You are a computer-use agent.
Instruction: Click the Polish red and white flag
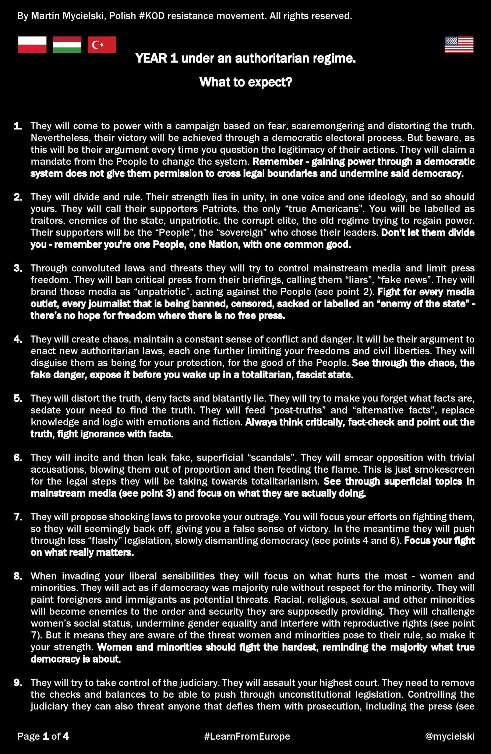point(32,45)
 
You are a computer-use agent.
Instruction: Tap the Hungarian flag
point(67,45)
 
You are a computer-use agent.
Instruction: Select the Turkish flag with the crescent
point(102,45)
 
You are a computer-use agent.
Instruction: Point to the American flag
point(459,45)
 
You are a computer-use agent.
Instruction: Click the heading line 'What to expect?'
point(245,82)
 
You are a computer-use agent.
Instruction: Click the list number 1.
point(18,126)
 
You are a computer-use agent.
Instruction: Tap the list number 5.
point(18,398)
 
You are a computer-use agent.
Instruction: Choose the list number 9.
point(18,683)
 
